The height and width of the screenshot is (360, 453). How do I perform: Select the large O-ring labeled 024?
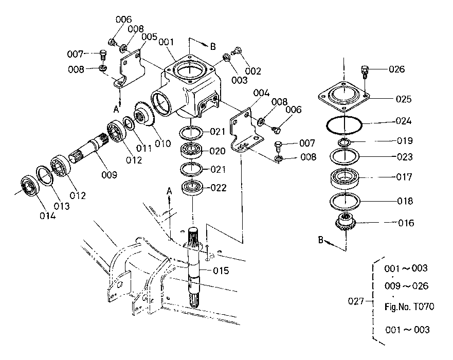[x=345, y=123]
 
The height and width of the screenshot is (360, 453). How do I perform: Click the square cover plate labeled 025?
[x=344, y=96]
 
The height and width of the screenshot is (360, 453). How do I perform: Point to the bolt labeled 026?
[x=366, y=70]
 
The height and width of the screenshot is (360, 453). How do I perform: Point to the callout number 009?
[x=110, y=175]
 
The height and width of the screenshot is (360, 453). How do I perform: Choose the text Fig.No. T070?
[x=409, y=307]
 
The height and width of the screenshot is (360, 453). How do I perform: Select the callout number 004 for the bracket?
[x=262, y=93]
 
